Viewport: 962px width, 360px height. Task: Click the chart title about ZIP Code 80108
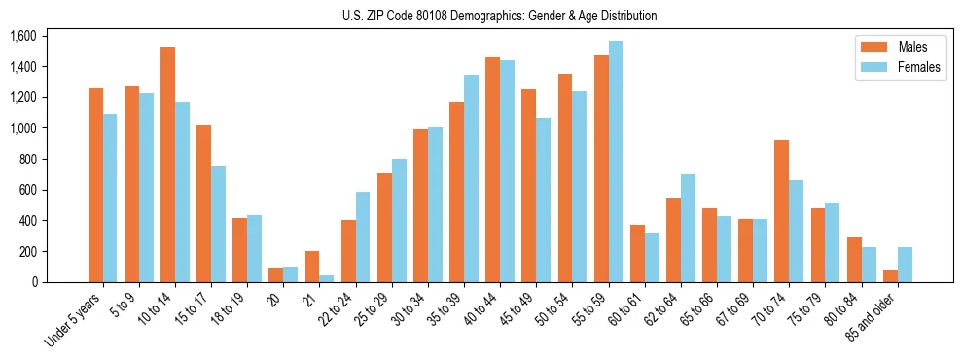click(499, 16)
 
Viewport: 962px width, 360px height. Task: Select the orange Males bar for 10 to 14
click(167, 165)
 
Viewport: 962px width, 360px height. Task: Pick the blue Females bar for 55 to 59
click(616, 162)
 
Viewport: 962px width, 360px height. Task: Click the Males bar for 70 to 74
click(781, 211)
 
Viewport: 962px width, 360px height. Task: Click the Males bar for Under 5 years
click(95, 185)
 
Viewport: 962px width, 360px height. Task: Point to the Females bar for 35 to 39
click(471, 179)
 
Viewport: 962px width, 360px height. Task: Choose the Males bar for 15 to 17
click(203, 203)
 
